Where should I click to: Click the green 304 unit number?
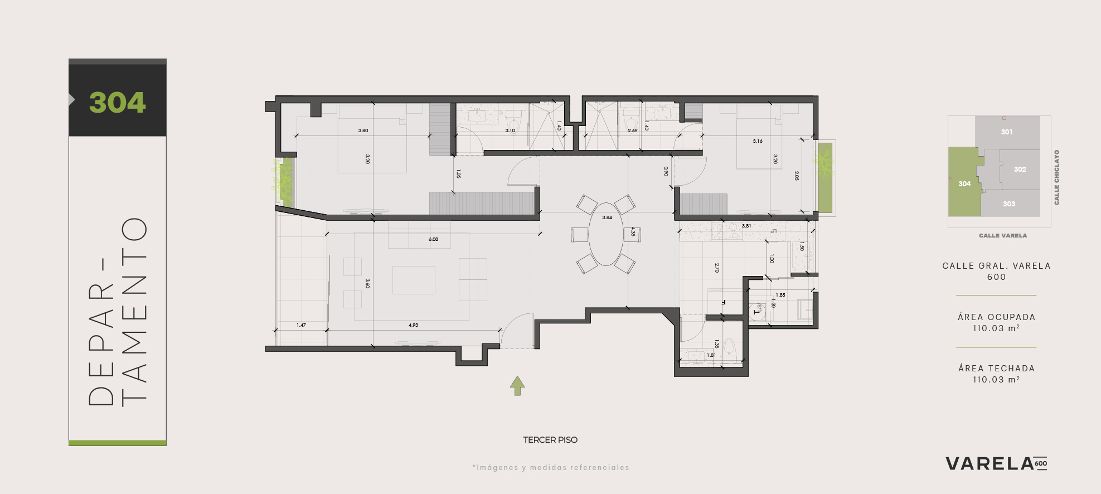117,103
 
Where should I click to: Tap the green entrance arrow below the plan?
517,386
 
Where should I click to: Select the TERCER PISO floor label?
550,440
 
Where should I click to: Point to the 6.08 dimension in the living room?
433,239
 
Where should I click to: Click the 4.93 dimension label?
413,325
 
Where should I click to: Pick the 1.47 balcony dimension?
301,325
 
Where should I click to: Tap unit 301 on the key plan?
1006,132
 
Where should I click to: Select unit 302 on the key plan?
1020,169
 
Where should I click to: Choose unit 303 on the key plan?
1009,204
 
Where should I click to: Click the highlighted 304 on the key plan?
964,184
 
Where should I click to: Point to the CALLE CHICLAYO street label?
1056,177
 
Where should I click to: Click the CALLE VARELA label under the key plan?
1003,236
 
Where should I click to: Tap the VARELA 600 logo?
996,464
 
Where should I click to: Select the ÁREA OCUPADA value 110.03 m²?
996,328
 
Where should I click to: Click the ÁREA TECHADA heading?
996,369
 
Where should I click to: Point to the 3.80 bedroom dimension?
363,130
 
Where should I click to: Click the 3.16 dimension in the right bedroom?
758,141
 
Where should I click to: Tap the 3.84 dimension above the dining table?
607,217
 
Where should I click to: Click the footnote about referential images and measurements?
551,468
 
